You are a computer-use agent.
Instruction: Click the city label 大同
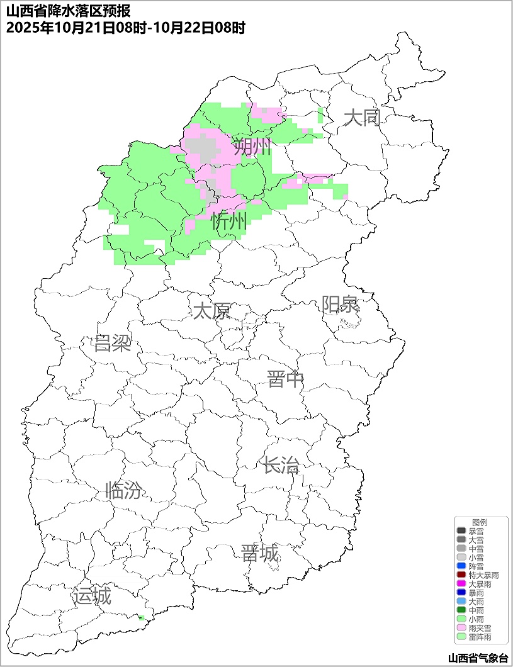(362, 118)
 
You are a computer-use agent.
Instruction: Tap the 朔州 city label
(252, 148)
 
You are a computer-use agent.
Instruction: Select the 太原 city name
(211, 311)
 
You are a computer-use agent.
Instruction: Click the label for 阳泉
(340, 305)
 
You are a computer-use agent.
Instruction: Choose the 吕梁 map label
(112, 344)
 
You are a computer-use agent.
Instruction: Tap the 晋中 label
(285, 379)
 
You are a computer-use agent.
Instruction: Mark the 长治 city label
(281, 466)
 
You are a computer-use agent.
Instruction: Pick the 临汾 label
(123, 490)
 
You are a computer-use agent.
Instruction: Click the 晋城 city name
(259, 554)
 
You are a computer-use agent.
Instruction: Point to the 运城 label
(92, 596)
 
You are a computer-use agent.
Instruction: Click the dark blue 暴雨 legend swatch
(461, 593)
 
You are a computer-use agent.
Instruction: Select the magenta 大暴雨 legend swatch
(461, 584)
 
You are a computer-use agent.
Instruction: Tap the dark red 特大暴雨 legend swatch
(461, 575)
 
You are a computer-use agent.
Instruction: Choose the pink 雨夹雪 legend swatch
(461, 628)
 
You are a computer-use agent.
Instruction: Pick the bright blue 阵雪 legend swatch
(461, 566)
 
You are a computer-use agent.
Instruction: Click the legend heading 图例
(480, 522)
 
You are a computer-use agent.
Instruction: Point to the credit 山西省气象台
(477, 658)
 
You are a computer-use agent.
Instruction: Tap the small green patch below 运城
(142, 618)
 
